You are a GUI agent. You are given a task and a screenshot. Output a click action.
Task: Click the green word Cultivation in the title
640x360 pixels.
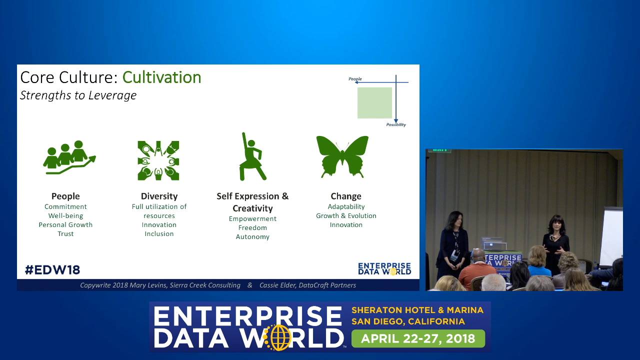[x=161, y=77]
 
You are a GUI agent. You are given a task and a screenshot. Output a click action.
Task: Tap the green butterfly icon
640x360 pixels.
[x=342, y=157]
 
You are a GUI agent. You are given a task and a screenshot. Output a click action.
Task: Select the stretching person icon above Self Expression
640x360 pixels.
[x=252, y=156]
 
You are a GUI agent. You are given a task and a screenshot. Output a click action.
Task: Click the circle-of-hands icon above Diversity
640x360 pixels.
[x=158, y=160]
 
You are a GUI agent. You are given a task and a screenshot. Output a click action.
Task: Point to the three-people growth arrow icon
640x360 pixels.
[x=69, y=157]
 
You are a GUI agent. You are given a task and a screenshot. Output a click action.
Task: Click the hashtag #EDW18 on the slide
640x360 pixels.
[x=52, y=270]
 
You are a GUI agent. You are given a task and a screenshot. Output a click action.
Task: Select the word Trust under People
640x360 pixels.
[x=65, y=233]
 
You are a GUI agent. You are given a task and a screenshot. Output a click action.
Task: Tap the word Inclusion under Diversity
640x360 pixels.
[x=159, y=233]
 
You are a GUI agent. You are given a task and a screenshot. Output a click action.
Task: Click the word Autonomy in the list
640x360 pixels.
[x=252, y=237]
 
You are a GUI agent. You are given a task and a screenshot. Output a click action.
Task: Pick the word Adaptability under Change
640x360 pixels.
[x=346, y=206]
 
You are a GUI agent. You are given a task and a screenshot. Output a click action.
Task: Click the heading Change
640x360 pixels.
[x=346, y=196]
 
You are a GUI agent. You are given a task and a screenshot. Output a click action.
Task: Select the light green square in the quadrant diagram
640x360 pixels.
[x=374, y=103]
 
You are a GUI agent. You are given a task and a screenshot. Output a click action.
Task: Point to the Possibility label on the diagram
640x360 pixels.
[x=396, y=124]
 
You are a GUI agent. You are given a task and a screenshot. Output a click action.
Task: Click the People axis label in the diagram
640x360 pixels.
[x=355, y=79]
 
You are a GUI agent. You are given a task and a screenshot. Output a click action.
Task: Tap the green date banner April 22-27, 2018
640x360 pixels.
[x=418, y=338]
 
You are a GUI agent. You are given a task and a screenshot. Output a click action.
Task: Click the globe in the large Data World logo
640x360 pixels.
[x=278, y=337]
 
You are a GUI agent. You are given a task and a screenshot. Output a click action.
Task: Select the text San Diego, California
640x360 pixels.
[x=408, y=321]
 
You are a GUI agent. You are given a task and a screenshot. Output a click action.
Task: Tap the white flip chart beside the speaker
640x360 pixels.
[x=611, y=237]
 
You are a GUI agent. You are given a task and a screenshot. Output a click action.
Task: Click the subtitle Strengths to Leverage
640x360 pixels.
[x=78, y=95]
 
